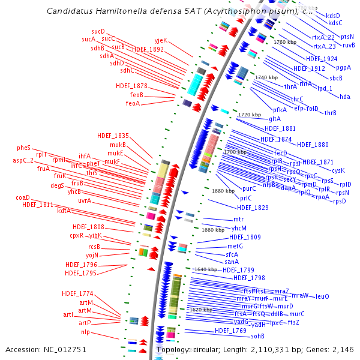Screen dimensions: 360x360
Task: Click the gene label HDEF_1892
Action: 148,49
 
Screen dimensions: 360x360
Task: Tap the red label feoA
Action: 133,103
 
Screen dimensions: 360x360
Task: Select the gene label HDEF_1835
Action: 113,136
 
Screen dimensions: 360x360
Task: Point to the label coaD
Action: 23,197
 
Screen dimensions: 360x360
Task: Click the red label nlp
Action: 86,332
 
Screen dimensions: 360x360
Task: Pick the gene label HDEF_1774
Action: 77,293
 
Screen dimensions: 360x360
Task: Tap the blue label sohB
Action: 258,336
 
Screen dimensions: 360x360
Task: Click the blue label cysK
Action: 338,170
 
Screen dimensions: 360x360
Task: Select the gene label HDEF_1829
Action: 253,208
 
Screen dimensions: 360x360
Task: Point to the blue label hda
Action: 345,97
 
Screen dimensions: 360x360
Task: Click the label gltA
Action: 275,119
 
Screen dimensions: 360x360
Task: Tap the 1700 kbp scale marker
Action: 234,152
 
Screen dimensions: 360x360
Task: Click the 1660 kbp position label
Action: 213,230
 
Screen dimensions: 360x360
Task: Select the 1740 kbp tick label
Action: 266,78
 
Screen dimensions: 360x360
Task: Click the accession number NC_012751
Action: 64,349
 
